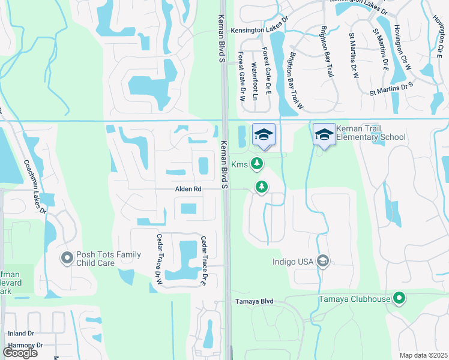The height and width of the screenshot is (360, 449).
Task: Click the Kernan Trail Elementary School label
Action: pyautogui.click(x=370, y=133)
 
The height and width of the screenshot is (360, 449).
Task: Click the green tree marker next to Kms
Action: pyautogui.click(x=257, y=163)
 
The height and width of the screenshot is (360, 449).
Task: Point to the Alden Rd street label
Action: pyautogui.click(x=188, y=189)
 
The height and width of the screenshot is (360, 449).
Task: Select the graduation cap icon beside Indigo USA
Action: pyautogui.click(x=323, y=260)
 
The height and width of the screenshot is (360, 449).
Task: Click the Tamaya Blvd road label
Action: pyautogui.click(x=252, y=301)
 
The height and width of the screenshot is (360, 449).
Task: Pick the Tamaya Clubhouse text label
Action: pyautogui.click(x=354, y=298)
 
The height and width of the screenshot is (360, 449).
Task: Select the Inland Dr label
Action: pyautogui.click(x=20, y=334)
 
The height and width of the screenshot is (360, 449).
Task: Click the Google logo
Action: pyautogui.click(x=20, y=352)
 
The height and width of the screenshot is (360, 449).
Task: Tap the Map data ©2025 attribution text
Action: pyautogui.click(x=423, y=355)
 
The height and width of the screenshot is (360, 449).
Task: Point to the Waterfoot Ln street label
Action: pyautogui.click(x=255, y=81)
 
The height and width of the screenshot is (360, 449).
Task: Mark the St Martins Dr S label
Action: pyautogui.click(x=393, y=89)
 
